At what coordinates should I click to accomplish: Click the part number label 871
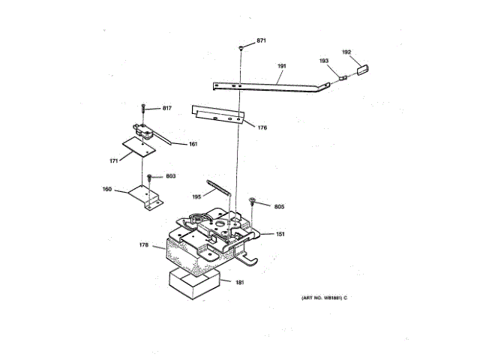[x=262, y=40]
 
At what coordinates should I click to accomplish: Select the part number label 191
[x=282, y=66]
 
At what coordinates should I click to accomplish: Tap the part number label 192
[x=346, y=52]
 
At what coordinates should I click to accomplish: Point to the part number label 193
[x=324, y=61]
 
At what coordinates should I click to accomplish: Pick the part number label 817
[x=166, y=108]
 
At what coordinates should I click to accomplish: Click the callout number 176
[x=262, y=127]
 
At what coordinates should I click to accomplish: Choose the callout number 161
[x=193, y=144]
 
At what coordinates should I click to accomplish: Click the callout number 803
[x=170, y=176]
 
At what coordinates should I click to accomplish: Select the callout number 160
[x=107, y=189]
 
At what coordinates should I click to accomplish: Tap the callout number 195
[x=196, y=196]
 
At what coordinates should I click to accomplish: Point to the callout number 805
[x=279, y=206]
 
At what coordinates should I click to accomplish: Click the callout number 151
[x=280, y=234]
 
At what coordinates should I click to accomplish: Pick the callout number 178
[x=143, y=244]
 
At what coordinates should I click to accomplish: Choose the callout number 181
[x=240, y=282]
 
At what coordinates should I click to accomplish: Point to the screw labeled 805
[x=253, y=201]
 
